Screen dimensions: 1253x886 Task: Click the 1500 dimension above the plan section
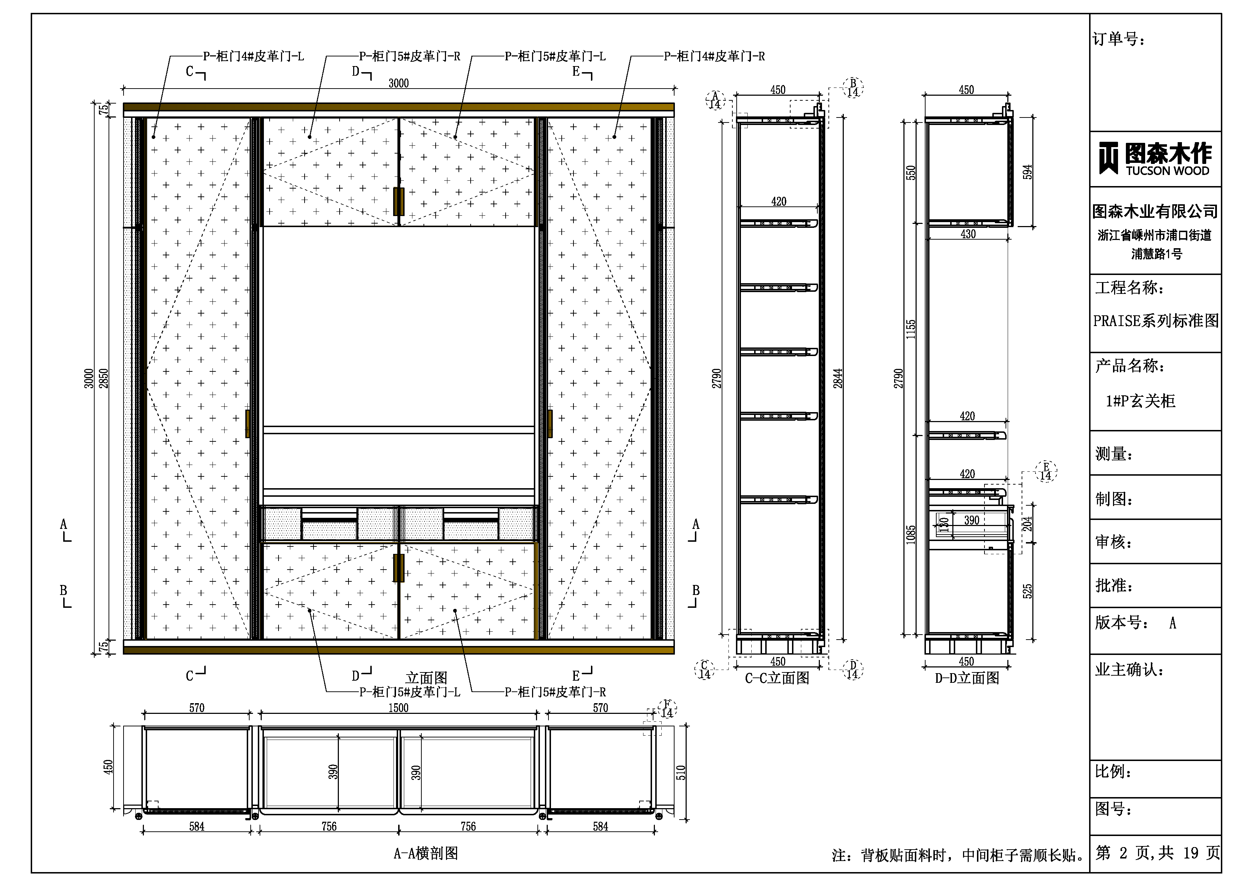pyautogui.click(x=399, y=708)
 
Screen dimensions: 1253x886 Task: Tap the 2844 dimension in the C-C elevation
pyautogui.click(x=838, y=378)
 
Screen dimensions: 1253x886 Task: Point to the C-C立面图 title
pyautogui.click(x=777, y=678)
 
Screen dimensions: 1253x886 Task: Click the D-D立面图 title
pyautogui.click(x=967, y=678)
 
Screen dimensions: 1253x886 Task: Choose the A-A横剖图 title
pyautogui.click(x=426, y=853)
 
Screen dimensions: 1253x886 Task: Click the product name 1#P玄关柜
pyautogui.click(x=1141, y=401)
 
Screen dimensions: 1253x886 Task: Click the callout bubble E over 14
pyautogui.click(x=1046, y=471)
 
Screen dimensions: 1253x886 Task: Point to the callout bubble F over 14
pyautogui.click(x=667, y=709)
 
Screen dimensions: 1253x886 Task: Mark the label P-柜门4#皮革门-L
pyautogui.click(x=253, y=56)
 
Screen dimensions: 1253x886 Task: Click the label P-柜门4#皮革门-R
pyautogui.click(x=714, y=56)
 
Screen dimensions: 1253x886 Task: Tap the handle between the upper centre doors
pyautogui.click(x=399, y=201)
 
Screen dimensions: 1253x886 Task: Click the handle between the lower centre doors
pyautogui.click(x=399, y=568)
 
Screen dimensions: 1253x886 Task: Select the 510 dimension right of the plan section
pyautogui.click(x=681, y=772)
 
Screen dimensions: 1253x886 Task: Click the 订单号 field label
pyautogui.click(x=1119, y=39)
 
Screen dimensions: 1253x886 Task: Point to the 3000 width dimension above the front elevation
pyautogui.click(x=399, y=83)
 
